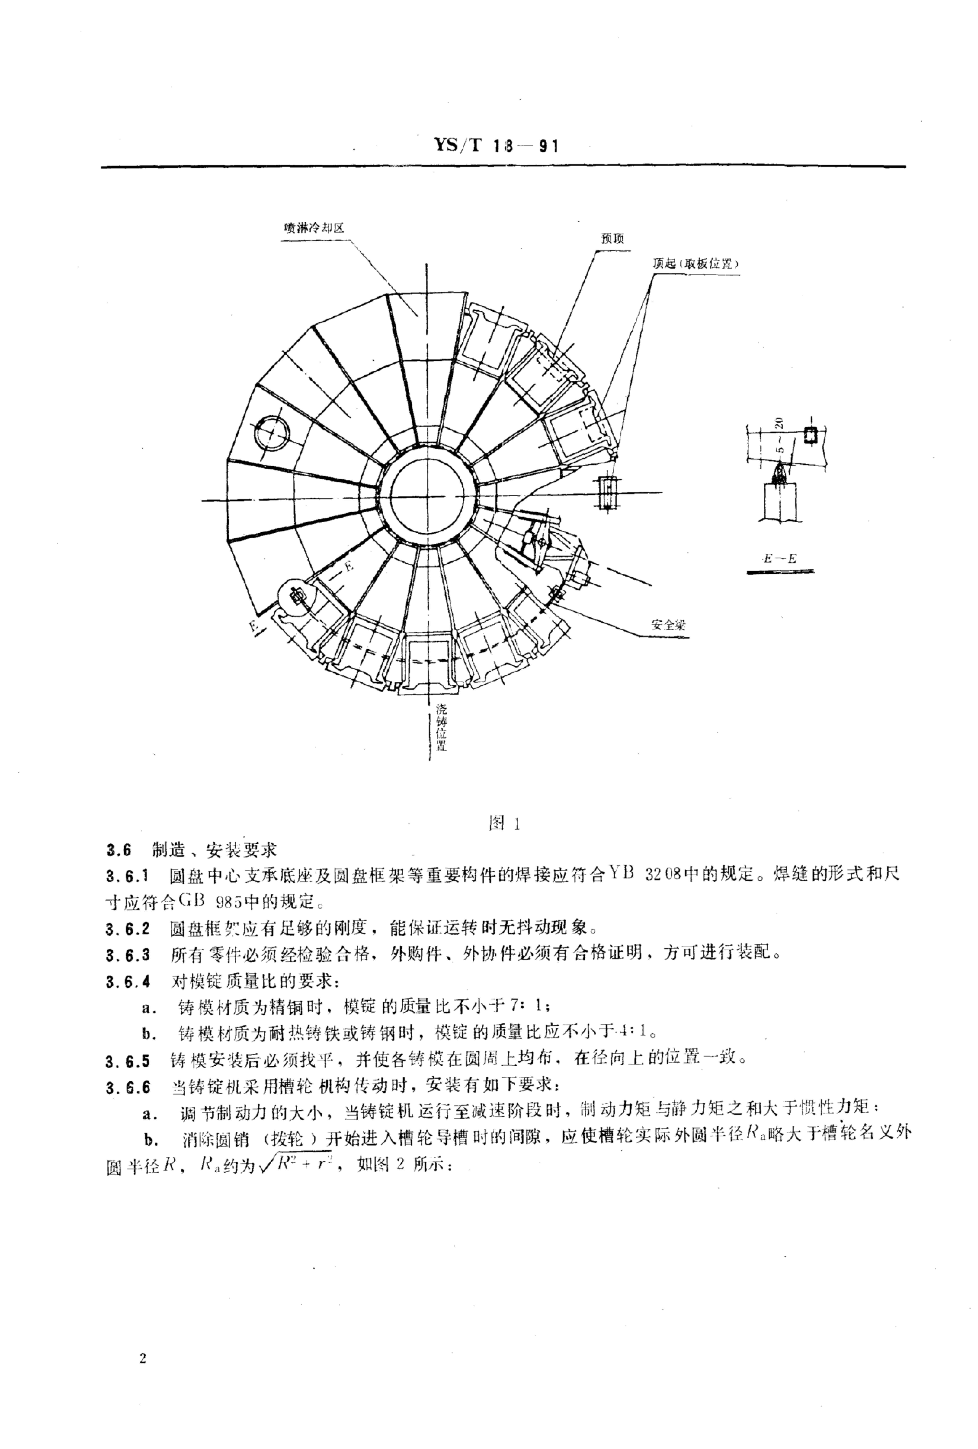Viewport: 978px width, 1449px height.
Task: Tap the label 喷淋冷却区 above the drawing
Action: (x=312, y=228)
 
